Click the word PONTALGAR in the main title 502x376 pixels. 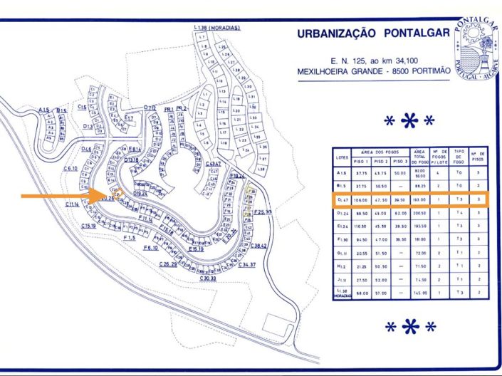(410, 34)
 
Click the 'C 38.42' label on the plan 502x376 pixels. (258, 246)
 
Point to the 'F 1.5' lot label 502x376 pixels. (128, 237)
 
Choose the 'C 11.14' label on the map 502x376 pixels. (72, 204)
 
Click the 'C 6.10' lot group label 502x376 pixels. (70, 169)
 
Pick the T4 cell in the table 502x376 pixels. (459, 213)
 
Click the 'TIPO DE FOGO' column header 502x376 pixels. (459, 157)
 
